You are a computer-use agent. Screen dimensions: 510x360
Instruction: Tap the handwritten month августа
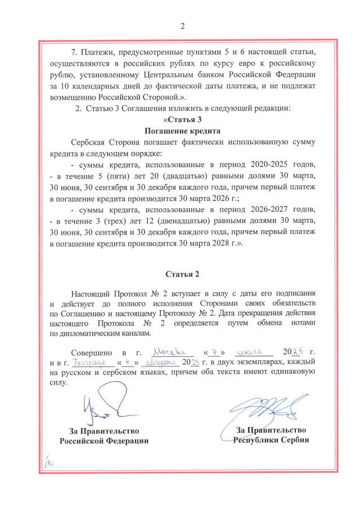pyautogui.click(x=159, y=362)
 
